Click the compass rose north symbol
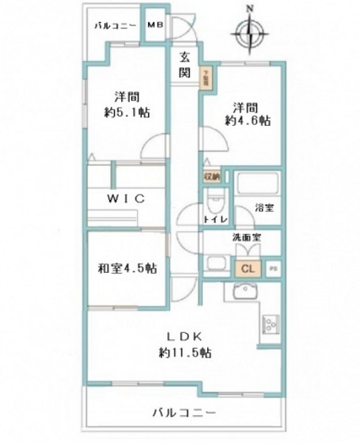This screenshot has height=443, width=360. click(250, 32)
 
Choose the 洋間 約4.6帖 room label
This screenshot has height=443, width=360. click(246, 114)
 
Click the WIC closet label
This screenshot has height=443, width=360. click(127, 199)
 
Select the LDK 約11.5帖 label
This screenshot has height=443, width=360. click(184, 343)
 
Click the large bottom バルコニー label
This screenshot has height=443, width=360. click(184, 413)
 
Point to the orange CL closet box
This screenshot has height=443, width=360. click(247, 268)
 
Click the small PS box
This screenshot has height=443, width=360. click(273, 268)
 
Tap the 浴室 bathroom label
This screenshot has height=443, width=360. click(264, 209)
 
